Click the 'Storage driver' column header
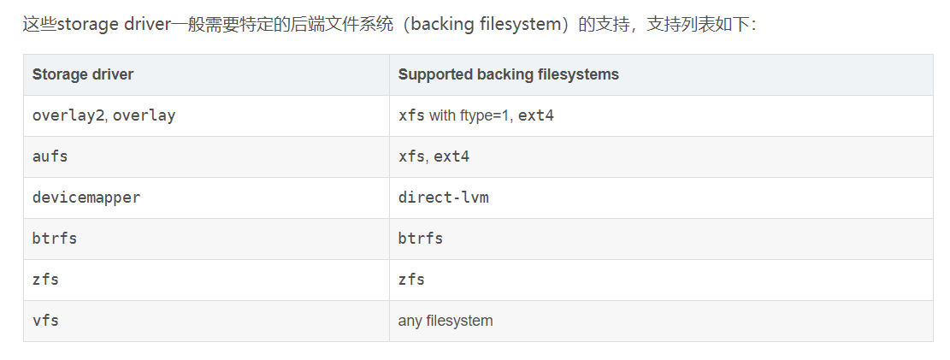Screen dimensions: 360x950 click(83, 74)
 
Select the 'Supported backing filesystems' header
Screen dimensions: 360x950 click(508, 74)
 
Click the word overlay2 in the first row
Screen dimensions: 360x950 click(68, 115)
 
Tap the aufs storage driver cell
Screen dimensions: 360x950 click(50, 156)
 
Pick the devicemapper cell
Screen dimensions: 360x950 click(86, 198)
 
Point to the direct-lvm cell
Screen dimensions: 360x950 click(443, 198)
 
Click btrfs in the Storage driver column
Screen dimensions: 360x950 click(55, 239)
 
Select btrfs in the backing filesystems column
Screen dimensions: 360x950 click(420, 239)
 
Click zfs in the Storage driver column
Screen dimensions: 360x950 click(45, 280)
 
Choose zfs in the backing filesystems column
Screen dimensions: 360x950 click(411, 280)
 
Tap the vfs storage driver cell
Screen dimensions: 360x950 click(45, 321)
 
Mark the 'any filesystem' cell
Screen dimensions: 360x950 click(445, 321)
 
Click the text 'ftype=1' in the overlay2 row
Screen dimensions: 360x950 click(485, 115)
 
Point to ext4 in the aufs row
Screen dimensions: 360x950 click(451, 156)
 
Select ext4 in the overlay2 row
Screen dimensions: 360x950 click(536, 115)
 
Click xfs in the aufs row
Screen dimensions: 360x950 click(412, 156)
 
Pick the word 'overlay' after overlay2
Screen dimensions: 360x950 click(144, 115)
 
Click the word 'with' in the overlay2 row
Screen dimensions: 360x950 click(442, 115)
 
